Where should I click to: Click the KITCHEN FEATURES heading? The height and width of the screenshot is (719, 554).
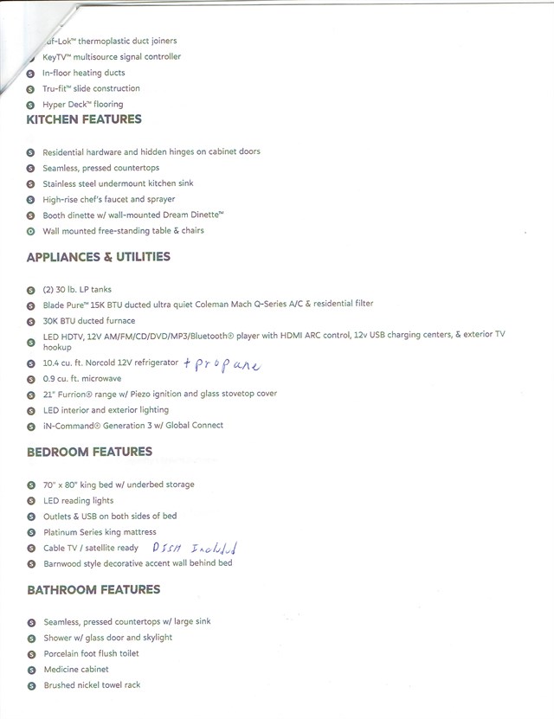tap(84, 119)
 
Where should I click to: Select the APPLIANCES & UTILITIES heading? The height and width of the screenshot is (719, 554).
tap(99, 257)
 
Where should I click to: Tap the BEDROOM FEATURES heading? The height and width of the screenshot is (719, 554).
tap(89, 452)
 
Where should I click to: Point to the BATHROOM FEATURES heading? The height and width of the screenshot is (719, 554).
tap(93, 590)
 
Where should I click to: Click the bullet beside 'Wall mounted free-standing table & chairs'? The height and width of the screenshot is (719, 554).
tap(30, 232)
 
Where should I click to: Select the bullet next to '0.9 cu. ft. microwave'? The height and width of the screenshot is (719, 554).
tap(30, 379)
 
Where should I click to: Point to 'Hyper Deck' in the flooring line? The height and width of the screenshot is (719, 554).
tap(62, 105)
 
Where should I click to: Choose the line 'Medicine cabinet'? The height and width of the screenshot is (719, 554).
tap(76, 670)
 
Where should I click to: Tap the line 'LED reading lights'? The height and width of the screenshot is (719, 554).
tap(78, 501)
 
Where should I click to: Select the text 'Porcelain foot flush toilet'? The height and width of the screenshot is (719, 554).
tap(91, 654)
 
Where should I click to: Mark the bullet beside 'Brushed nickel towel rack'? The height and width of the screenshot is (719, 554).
tap(30, 686)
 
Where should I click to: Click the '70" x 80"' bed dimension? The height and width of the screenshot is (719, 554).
tap(63, 485)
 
